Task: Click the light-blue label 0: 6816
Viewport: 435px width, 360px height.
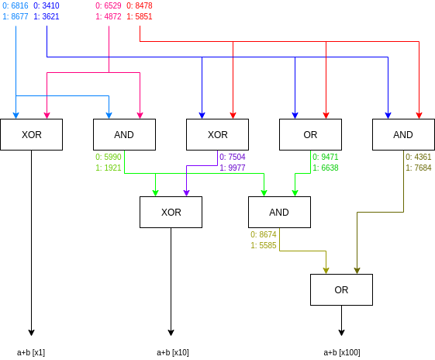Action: click(x=16, y=5)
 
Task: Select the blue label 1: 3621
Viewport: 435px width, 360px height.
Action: click(x=47, y=16)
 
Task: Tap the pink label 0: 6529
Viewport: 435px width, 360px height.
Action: click(x=109, y=5)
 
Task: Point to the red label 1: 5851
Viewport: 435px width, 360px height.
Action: click(x=140, y=16)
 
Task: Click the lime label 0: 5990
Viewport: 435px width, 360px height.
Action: click(x=109, y=157)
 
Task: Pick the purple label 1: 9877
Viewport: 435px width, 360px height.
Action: click(x=233, y=168)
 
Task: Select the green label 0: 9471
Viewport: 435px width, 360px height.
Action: click(x=326, y=157)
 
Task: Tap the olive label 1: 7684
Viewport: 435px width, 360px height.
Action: click(x=419, y=168)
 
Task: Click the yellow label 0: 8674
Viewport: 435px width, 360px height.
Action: click(x=264, y=234)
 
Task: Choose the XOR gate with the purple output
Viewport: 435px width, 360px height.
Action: click(x=217, y=134)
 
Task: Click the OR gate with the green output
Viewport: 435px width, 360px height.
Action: click(x=310, y=134)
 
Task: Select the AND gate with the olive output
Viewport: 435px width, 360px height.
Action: click(x=403, y=134)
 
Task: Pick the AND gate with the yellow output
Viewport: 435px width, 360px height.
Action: click(x=279, y=212)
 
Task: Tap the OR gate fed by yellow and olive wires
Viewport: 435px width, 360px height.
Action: click(x=341, y=289)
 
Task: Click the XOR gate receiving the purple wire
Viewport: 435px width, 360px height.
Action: click(x=171, y=212)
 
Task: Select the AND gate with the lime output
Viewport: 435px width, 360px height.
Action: click(x=124, y=134)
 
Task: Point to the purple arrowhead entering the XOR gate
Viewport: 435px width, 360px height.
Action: click(x=186, y=192)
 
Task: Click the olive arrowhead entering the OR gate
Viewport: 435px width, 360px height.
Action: click(x=357, y=270)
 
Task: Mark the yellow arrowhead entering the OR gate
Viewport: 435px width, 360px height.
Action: click(x=326, y=270)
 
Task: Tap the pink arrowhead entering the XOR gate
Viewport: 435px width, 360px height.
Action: click(x=47, y=115)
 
